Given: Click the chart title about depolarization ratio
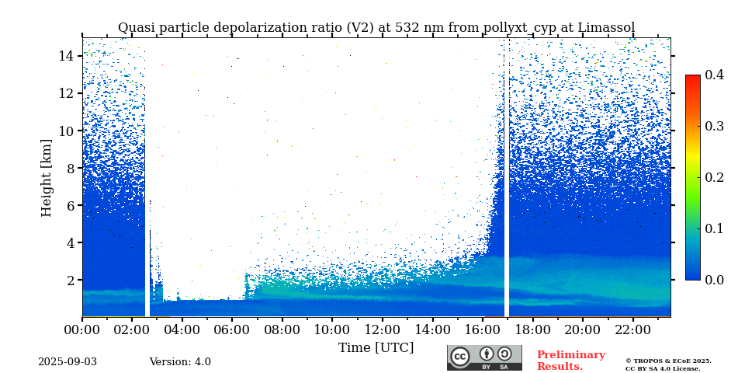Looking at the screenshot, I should (x=376, y=28).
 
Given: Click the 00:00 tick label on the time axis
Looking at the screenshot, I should (x=82, y=329).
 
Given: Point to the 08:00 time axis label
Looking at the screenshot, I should (x=282, y=329).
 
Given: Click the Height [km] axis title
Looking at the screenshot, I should (x=47, y=177).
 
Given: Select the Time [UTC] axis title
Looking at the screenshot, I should (x=376, y=347).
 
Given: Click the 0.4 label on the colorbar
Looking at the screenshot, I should (x=714, y=75).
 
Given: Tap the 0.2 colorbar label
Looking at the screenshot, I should (x=714, y=177).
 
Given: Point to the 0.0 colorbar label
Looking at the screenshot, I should (x=714, y=280).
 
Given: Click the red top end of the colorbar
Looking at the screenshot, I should (x=692, y=78).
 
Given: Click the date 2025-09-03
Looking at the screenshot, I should (x=68, y=362).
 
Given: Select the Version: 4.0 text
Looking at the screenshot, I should (x=180, y=362).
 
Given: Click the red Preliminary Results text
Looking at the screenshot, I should (x=570, y=361).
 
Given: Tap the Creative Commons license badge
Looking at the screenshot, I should (x=484, y=357).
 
